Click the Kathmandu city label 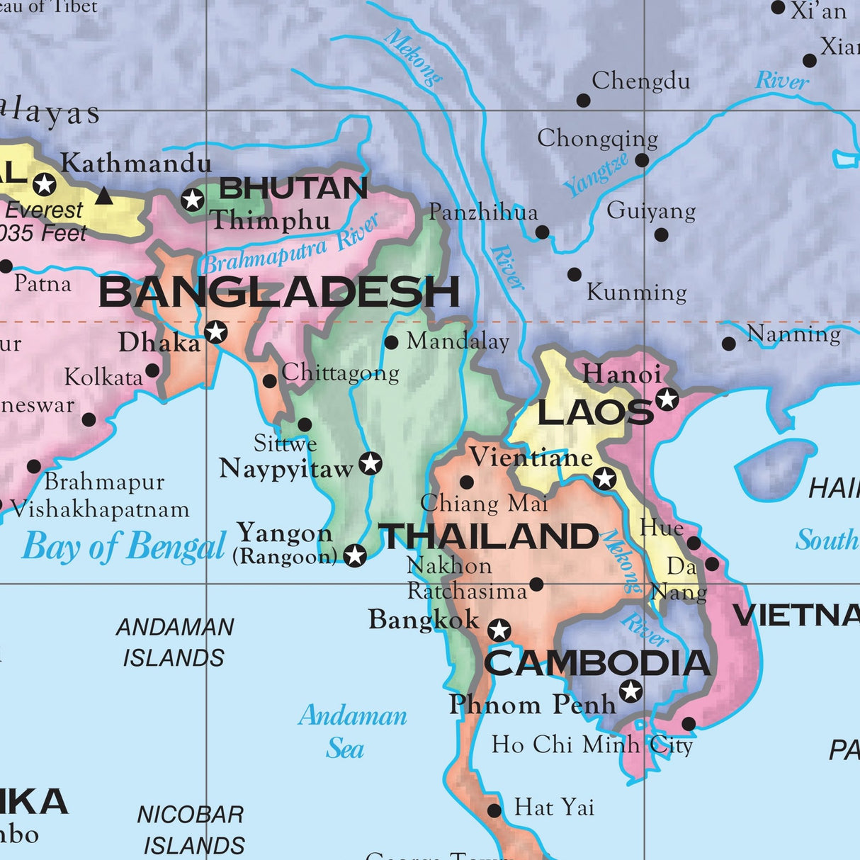(x=136, y=164)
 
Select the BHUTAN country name (x=293, y=188)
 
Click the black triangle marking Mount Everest (x=104, y=195)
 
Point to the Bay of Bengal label (x=124, y=547)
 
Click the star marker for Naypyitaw (x=370, y=463)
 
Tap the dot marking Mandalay (x=390, y=342)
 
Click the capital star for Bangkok (x=499, y=630)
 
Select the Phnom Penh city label (x=532, y=704)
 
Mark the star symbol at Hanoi (x=667, y=399)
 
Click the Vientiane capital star (x=604, y=479)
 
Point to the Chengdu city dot (x=583, y=101)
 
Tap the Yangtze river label (x=596, y=174)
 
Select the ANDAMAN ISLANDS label (x=174, y=643)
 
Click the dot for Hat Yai (x=494, y=810)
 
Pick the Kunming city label (x=636, y=292)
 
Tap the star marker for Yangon (x=355, y=555)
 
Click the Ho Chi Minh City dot (x=688, y=723)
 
